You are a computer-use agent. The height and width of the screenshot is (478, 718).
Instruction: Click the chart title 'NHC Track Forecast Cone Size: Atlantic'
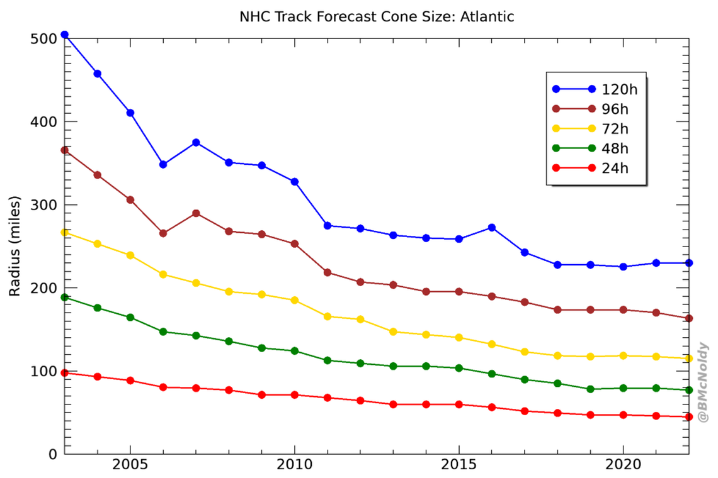tap(377, 17)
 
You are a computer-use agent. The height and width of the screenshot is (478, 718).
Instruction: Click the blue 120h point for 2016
tap(492, 227)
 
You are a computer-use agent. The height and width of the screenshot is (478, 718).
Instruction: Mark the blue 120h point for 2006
tap(163, 164)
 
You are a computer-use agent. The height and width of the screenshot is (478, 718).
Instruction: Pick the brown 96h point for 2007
tap(196, 213)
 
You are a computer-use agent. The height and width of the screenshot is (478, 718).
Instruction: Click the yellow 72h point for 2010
tap(294, 300)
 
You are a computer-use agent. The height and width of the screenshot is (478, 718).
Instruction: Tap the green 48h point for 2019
tap(590, 389)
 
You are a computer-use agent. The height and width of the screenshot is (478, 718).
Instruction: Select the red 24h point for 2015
tap(459, 404)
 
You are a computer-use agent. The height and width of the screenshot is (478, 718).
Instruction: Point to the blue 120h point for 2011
tap(328, 225)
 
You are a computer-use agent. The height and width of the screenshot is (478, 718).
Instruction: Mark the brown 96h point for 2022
tap(688, 318)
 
